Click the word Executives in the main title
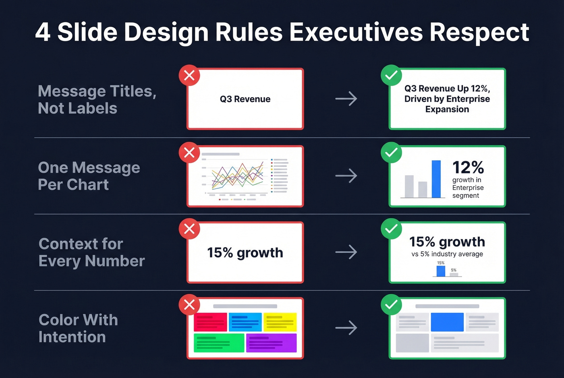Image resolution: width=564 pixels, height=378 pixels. pyautogui.click(x=356, y=32)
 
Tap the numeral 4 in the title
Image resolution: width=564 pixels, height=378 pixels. pyautogui.click(x=43, y=32)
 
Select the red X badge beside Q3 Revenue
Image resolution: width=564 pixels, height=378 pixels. pyautogui.click(x=189, y=75)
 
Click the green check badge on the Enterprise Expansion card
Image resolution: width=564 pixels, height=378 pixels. pyautogui.click(x=391, y=75)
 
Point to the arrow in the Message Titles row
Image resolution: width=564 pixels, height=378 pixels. pyautogui.click(x=346, y=99)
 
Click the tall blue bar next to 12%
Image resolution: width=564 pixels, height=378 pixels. pyautogui.click(x=436, y=179)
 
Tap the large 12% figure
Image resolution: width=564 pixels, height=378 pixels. pyautogui.click(x=468, y=167)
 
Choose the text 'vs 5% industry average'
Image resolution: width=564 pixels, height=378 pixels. pyautogui.click(x=447, y=254)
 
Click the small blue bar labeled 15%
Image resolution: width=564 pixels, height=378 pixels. pyautogui.click(x=441, y=271)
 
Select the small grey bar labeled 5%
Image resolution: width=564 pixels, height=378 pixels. pyautogui.click(x=454, y=275)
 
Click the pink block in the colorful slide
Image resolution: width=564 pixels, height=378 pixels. pyautogui.click(x=210, y=322)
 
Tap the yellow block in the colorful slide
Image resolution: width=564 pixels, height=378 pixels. pyautogui.click(x=280, y=322)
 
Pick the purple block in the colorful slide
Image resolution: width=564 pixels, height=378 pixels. pyautogui.click(x=271, y=343)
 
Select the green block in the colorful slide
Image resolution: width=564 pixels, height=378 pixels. pyautogui.click(x=219, y=343)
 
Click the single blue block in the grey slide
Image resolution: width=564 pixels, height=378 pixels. pyautogui.click(x=447, y=322)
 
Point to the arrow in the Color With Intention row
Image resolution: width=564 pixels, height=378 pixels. pyautogui.click(x=346, y=328)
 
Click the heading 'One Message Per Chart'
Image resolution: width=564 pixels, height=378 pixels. pyautogui.click(x=89, y=176)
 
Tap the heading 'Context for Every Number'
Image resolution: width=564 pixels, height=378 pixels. pyautogui.click(x=91, y=252)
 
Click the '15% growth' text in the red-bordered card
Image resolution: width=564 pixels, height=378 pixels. pyautogui.click(x=245, y=253)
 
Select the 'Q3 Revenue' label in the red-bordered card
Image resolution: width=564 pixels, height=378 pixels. pyautogui.click(x=245, y=99)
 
